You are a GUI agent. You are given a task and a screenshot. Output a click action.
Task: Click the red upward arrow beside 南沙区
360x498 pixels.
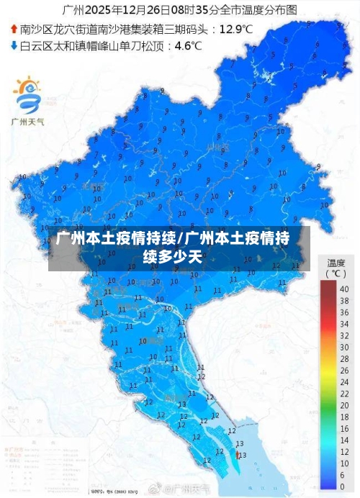14,30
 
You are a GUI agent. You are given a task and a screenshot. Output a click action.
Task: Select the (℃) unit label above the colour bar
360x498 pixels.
336,273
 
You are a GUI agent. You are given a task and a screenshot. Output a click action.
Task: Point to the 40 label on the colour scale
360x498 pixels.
344,289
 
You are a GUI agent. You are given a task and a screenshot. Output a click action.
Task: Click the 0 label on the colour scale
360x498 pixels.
343,486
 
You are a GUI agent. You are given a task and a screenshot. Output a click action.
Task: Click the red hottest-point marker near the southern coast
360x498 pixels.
237,454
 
